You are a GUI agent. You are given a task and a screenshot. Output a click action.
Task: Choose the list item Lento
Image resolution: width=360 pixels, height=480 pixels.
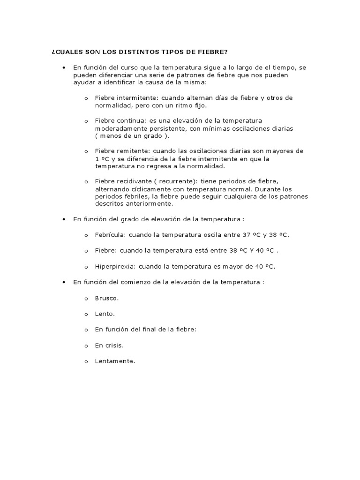(105, 314)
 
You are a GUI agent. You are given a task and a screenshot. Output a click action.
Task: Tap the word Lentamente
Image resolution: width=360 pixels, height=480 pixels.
(115, 361)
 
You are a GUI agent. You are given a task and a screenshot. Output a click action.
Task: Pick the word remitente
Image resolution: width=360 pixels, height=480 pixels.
(131, 151)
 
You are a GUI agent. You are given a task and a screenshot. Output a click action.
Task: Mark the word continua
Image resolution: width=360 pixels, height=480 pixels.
(130, 120)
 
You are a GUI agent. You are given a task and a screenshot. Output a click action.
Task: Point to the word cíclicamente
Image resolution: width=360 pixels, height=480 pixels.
(148, 188)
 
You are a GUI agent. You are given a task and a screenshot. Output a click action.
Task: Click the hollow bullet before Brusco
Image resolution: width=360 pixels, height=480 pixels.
(86, 298)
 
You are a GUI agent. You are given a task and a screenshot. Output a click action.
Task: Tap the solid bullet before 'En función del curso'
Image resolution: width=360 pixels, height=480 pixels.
(63, 67)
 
